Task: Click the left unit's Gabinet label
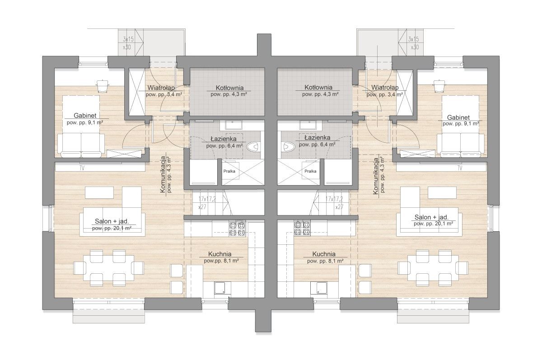coord(85,115)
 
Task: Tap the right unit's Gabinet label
coord(458,117)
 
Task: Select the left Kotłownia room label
coord(229,88)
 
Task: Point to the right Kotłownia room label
coord(318,87)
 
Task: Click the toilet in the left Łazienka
coord(253,147)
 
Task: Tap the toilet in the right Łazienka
coord(289,147)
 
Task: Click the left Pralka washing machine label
coord(229,171)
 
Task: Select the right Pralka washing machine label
coord(310,171)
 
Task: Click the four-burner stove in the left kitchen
coord(237,229)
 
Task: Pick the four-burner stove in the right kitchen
coord(303,228)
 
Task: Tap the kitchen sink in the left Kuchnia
coord(220,288)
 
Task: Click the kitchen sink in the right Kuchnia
coord(322,288)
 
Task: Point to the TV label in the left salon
coord(82,168)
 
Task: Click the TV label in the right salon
coord(460,168)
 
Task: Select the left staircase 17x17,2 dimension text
coord(207,199)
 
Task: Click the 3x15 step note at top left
coord(128,39)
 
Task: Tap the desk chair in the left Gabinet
coord(102,86)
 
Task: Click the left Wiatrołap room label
coord(161,88)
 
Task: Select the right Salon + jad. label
coord(431,217)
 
